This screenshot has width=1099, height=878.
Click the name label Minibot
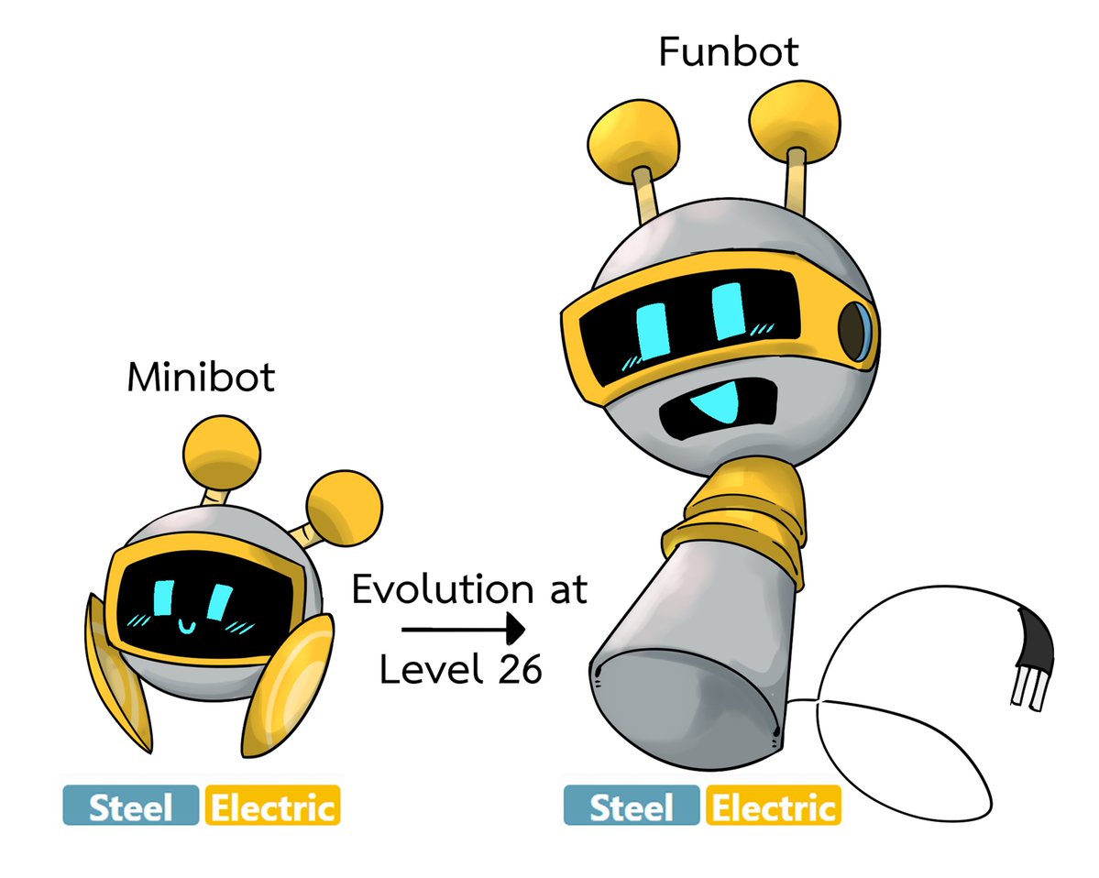[x=201, y=378]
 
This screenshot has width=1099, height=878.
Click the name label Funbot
[x=728, y=52]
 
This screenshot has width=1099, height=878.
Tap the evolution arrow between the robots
[x=463, y=629]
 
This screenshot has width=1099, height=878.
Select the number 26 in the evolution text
[x=520, y=670]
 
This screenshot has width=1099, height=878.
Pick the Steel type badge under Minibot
[x=131, y=806]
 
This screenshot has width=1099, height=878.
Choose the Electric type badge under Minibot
[x=272, y=806]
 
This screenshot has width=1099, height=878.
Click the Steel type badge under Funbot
[x=632, y=806]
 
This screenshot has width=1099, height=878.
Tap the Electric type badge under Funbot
[x=774, y=806]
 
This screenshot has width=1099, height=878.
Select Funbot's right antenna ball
[x=794, y=121]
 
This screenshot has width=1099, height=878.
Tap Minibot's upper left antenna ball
[x=222, y=453]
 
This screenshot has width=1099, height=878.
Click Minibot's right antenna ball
[x=344, y=508]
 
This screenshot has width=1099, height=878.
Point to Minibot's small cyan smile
[x=186, y=626]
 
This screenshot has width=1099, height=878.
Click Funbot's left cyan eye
[x=653, y=331]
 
